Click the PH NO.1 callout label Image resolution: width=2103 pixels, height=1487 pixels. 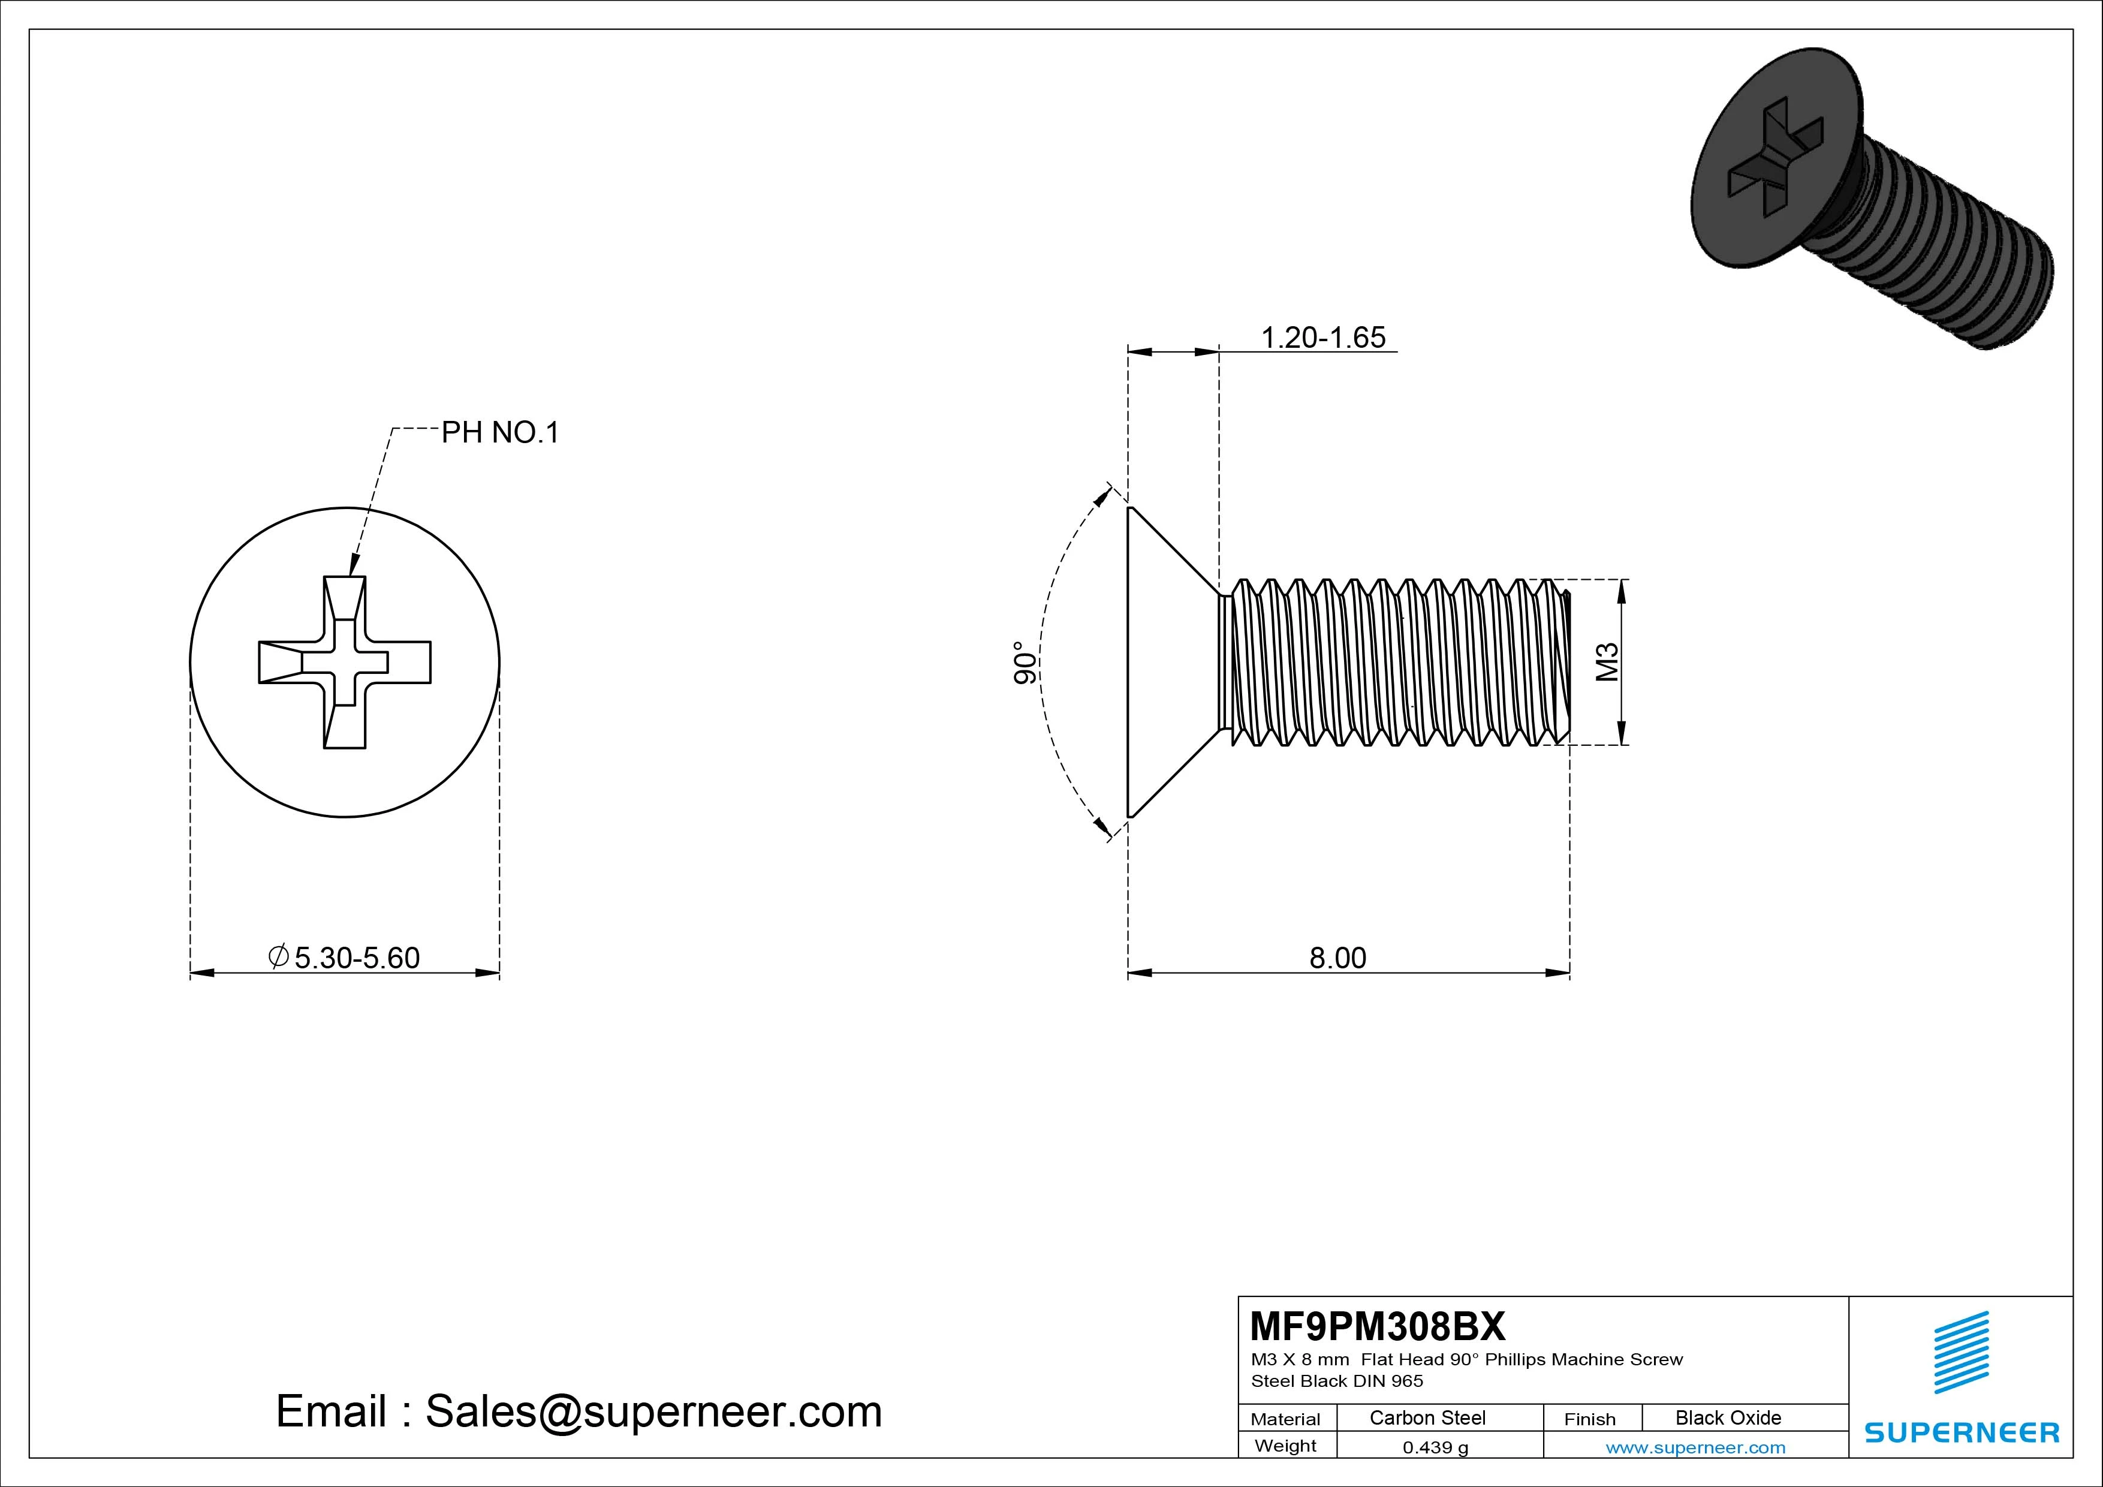[499, 432]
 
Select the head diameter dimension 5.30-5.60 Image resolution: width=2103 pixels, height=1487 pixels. [355, 958]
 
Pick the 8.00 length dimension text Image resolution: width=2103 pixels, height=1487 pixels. [1337, 958]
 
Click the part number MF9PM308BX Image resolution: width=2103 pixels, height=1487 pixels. [1376, 1326]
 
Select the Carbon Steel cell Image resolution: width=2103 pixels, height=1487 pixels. [1427, 1417]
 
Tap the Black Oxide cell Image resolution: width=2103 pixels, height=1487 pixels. [1728, 1417]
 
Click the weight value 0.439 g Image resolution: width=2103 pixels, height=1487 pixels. [1435, 1447]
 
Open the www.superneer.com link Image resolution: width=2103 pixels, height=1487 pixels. [1695, 1447]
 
